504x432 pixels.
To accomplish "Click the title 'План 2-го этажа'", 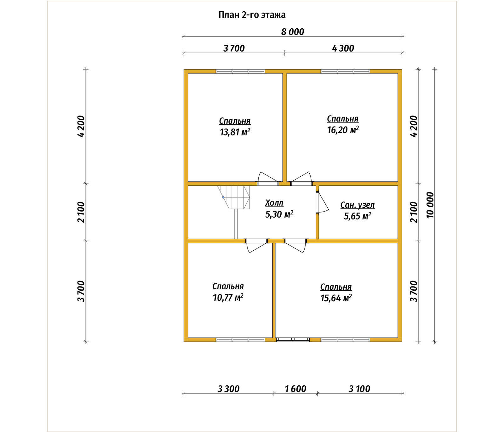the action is click(x=252, y=15).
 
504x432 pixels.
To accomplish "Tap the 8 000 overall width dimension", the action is click(x=293, y=32).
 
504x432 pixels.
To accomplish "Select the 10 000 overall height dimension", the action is click(x=430, y=205).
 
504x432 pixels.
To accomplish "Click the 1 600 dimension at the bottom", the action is click(x=295, y=389).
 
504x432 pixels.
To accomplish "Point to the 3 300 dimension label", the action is click(x=228, y=389).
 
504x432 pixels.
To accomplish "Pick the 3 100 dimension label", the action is click(x=359, y=389).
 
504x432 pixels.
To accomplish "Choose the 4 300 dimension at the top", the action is click(x=343, y=48).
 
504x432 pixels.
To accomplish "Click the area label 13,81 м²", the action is click(x=235, y=132).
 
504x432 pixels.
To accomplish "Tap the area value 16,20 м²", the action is click(x=343, y=130).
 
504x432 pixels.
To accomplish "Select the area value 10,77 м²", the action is click(x=228, y=298).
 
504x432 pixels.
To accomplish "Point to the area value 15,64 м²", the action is click(x=336, y=298).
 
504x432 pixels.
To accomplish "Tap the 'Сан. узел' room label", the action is click(x=358, y=205).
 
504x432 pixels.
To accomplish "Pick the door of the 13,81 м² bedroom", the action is click(x=268, y=179).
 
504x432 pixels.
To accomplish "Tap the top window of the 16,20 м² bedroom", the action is click(x=346, y=71).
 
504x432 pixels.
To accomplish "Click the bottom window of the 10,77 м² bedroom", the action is click(x=240, y=340).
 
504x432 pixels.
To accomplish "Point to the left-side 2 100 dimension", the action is click(x=81, y=212).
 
